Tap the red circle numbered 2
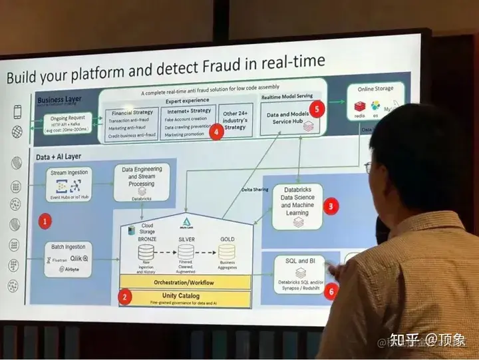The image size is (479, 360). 124,297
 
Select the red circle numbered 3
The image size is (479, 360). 331,206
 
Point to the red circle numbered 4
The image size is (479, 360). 216,131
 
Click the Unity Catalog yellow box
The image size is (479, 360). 185,297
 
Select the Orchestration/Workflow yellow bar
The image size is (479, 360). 185,281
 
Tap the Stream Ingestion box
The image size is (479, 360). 68,184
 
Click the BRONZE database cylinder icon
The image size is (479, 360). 146,252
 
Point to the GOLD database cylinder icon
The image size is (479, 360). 228,252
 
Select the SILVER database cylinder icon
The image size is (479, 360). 186,252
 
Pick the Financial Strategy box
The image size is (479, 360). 132,122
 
